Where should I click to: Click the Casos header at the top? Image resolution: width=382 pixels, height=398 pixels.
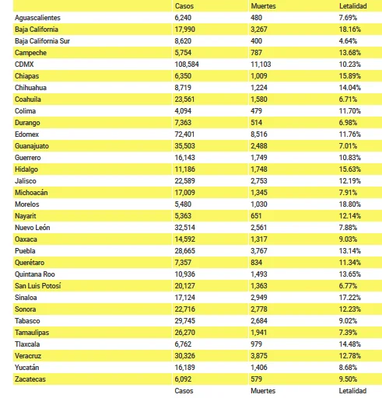(184, 6)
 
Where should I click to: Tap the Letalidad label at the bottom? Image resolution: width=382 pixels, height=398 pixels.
(352, 391)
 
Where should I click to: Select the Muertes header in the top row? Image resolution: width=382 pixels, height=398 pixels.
(263, 6)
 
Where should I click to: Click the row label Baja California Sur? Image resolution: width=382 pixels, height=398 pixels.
(42, 41)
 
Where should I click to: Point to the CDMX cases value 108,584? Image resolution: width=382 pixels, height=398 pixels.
(187, 65)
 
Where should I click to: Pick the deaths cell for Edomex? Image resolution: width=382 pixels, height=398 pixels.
(259, 134)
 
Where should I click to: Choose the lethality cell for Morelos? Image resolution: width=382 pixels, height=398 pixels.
(350, 204)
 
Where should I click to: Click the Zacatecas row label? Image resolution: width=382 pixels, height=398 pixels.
(30, 379)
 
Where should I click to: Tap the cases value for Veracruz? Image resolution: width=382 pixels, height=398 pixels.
(184, 356)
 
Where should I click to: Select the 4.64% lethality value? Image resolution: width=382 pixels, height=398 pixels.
(348, 41)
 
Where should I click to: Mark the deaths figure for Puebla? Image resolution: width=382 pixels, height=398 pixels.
(259, 251)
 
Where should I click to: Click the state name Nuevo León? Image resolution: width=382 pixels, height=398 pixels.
(33, 228)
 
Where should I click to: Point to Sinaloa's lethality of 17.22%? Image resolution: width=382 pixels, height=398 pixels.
(350, 298)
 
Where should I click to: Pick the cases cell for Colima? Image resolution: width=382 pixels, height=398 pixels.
(183, 111)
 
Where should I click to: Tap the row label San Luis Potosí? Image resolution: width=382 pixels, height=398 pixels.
(38, 286)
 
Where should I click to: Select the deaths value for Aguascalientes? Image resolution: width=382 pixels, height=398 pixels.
(256, 18)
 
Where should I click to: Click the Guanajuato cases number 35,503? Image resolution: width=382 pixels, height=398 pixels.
(184, 146)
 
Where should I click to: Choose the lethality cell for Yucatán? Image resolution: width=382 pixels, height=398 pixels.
(348, 368)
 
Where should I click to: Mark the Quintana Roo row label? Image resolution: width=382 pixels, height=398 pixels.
(35, 274)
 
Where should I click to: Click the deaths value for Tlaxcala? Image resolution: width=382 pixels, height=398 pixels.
(256, 344)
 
